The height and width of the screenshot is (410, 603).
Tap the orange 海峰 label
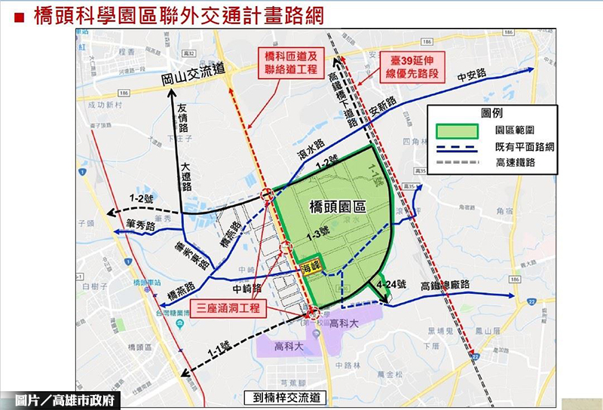pos(311,267)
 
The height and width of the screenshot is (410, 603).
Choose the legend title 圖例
pos(491,112)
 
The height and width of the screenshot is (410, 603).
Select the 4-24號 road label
pos(390,285)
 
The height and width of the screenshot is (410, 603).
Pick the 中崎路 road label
pos(246,287)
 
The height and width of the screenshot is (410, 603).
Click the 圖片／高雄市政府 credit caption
pos(60,400)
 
